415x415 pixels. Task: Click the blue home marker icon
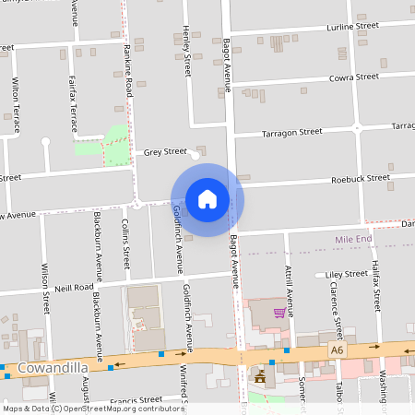coord(207,199)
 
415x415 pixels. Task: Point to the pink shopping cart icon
coord(279,314)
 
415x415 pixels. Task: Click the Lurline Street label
coord(353,28)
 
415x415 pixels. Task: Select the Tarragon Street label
coord(291,132)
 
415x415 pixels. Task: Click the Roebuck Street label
coord(361,178)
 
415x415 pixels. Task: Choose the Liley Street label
coord(347,274)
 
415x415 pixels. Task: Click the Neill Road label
coord(75,288)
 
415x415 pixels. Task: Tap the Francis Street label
coord(136,400)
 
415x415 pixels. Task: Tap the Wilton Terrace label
coord(16,105)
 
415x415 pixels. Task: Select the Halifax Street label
coord(376,285)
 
